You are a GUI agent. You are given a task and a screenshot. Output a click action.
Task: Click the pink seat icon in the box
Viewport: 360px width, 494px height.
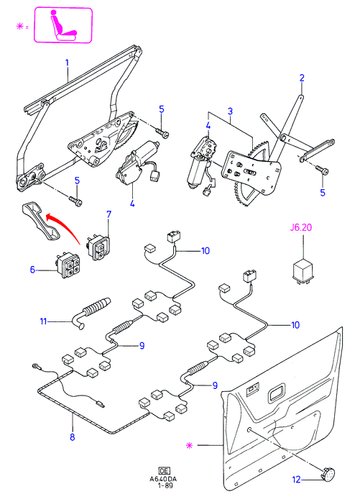tap(64, 25)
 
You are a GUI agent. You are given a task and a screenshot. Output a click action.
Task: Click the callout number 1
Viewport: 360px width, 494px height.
tap(67, 63)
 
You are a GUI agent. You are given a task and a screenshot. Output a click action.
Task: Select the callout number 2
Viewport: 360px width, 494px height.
tap(302, 78)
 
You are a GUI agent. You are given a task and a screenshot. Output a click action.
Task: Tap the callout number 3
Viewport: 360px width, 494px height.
tap(230, 111)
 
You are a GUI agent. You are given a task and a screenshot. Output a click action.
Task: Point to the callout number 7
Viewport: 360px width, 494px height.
tap(109, 214)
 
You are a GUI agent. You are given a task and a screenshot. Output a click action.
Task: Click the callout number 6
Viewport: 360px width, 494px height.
tap(32, 270)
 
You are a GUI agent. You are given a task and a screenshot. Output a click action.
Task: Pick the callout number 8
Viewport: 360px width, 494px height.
tap(73, 437)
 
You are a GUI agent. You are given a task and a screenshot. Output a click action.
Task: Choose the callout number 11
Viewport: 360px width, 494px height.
tap(43, 321)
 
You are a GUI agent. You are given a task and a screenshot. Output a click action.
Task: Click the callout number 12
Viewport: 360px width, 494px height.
tap(297, 480)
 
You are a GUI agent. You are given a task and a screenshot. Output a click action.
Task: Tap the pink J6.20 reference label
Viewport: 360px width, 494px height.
tap(301, 227)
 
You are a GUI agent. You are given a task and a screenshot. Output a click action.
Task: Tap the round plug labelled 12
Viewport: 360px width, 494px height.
tap(328, 475)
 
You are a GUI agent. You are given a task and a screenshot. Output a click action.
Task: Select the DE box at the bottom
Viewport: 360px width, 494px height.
tap(164, 472)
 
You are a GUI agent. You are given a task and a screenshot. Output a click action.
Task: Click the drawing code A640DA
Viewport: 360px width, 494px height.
tap(163, 480)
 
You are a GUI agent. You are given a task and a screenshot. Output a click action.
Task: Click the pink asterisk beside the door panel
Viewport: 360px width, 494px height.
tap(189, 446)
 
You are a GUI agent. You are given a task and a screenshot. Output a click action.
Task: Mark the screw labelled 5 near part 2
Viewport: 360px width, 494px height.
tap(323, 170)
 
